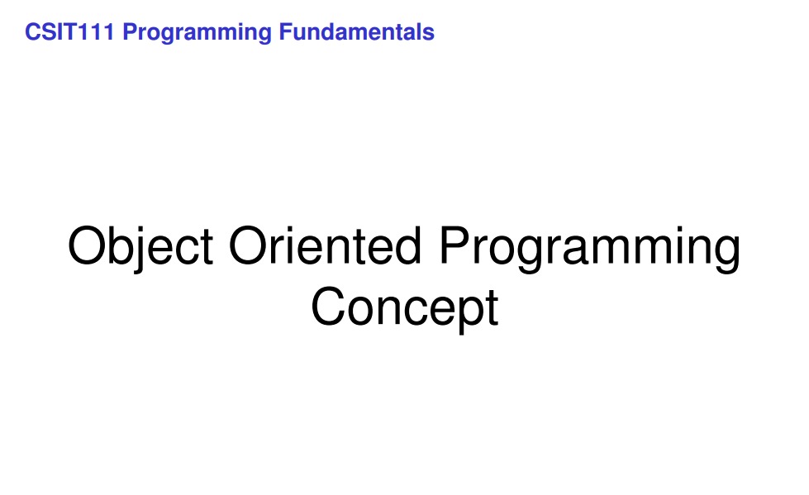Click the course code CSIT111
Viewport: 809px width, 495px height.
(69, 32)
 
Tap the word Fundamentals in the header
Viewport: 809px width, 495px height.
(356, 32)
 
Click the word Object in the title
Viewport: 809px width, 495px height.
(140, 247)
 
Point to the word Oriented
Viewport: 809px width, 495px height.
(325, 245)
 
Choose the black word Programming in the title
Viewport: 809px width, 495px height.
(590, 249)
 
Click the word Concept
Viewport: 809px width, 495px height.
(405, 309)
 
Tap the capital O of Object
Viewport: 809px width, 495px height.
(87, 245)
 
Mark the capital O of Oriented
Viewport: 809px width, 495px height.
(248, 245)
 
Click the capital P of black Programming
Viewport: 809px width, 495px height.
(455, 245)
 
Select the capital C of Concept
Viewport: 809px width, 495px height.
(328, 306)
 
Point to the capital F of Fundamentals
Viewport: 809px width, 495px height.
(286, 32)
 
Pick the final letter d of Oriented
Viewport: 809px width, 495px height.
(407, 245)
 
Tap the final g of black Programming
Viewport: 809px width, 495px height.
(726, 254)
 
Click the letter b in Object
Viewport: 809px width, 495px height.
(121, 245)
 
